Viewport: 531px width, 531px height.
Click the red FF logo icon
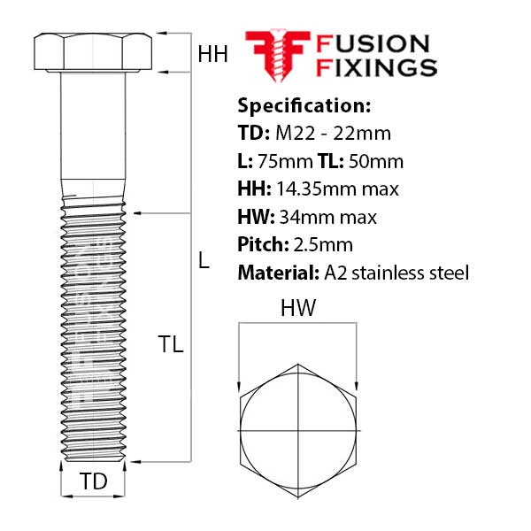click(x=277, y=55)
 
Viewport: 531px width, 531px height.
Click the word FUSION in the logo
click(x=373, y=43)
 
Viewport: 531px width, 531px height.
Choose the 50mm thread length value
click(x=377, y=161)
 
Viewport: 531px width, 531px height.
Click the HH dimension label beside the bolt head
click(x=212, y=55)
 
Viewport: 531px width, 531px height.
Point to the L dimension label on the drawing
click(x=204, y=261)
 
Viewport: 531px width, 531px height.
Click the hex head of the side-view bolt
click(x=93, y=53)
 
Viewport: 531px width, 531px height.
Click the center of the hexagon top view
click(x=297, y=424)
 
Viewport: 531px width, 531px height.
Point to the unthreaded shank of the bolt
click(x=93, y=133)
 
